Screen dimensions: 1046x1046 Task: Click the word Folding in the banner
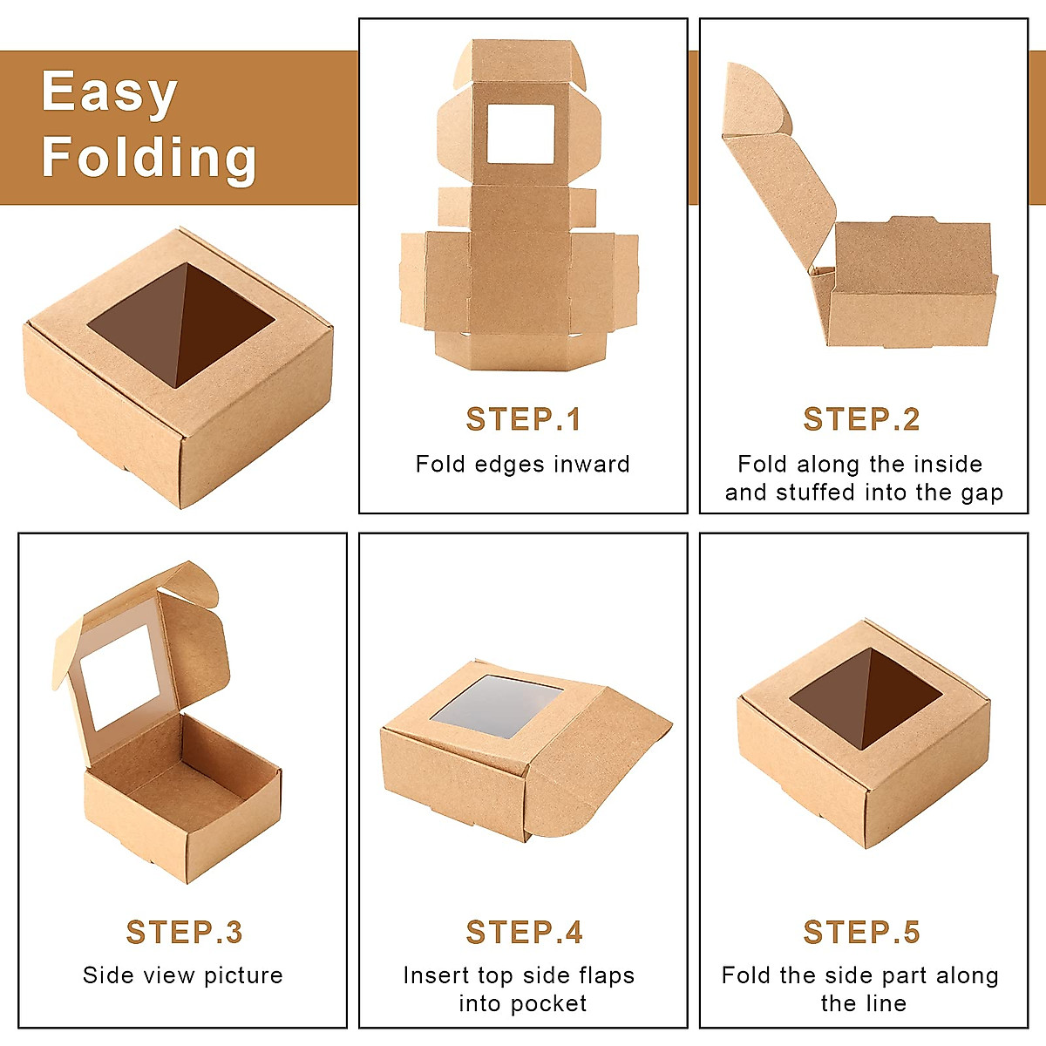(149, 157)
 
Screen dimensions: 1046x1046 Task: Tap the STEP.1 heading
(523, 419)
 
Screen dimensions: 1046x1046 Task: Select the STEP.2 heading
(861, 419)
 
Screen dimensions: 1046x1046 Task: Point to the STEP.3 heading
(184, 932)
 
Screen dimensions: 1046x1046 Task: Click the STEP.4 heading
(523, 932)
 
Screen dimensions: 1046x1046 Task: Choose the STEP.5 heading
(861, 932)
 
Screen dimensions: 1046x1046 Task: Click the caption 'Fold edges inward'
(522, 464)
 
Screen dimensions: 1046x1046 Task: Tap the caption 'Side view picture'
(183, 975)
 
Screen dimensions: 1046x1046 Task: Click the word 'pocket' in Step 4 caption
(547, 1003)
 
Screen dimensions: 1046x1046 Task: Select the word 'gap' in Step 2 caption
(981, 492)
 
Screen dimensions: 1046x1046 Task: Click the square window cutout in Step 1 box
(520, 133)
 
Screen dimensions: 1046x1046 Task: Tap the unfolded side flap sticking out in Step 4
(601, 767)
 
